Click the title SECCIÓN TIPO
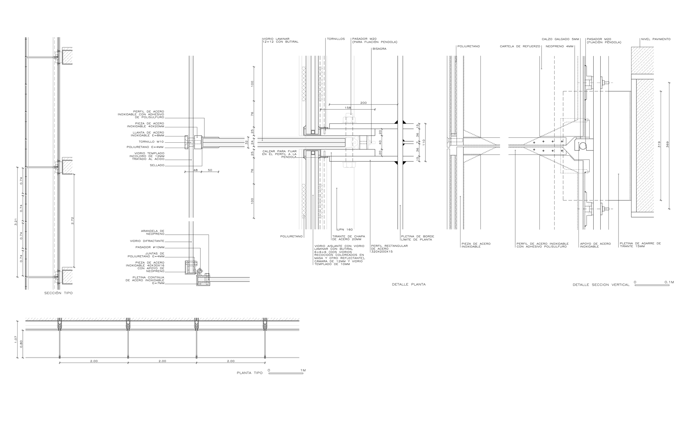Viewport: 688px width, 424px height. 58,293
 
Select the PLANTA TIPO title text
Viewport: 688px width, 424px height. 250,373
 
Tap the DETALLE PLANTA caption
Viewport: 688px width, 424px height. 409,284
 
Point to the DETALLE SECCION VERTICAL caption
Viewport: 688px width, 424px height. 601,285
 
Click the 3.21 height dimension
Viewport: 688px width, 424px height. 16,222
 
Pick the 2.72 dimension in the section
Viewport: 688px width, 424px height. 72,220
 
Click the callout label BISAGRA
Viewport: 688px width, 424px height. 379,49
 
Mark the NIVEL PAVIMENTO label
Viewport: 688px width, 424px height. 655,39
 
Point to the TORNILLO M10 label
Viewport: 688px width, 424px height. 151,142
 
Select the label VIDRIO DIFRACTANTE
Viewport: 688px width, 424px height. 147,241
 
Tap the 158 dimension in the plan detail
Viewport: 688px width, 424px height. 348,108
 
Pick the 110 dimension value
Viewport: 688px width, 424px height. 424,142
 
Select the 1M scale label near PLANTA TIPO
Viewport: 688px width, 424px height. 303,370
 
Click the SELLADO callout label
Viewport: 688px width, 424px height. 157,165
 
